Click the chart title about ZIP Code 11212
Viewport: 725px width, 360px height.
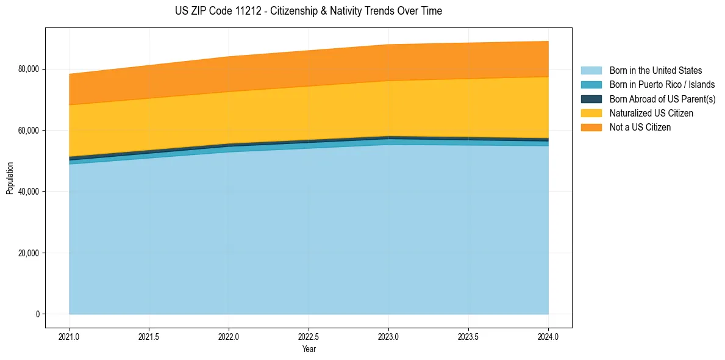pyautogui.click(x=308, y=11)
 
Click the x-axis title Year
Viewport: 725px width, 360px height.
pyautogui.click(x=309, y=349)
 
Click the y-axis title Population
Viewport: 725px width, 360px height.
pyautogui.click(x=10, y=178)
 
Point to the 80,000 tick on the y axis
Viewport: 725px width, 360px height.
pyautogui.click(x=27, y=69)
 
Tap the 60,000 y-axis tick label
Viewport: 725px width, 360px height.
pyautogui.click(x=27, y=131)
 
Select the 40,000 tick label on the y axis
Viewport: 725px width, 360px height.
pyautogui.click(x=27, y=192)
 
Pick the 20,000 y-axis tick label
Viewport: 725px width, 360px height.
pyautogui.click(x=27, y=253)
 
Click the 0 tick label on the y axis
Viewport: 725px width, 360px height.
pyautogui.click(x=37, y=314)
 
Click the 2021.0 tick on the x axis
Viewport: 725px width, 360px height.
pyautogui.click(x=70, y=336)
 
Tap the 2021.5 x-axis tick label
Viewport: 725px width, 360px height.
pyautogui.click(x=149, y=336)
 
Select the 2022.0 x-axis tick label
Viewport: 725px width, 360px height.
pyautogui.click(x=229, y=336)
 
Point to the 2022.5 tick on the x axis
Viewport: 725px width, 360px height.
pyautogui.click(x=309, y=336)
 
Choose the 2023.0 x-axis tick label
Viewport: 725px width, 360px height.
pyautogui.click(x=388, y=336)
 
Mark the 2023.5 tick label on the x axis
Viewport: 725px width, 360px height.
pyautogui.click(x=468, y=336)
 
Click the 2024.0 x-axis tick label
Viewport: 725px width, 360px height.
pyautogui.click(x=548, y=336)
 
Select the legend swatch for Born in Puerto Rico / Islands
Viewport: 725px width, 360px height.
pyautogui.click(x=591, y=85)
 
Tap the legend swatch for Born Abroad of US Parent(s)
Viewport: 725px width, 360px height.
pyautogui.click(x=591, y=99)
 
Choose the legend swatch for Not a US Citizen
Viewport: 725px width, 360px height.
pyautogui.click(x=591, y=128)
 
